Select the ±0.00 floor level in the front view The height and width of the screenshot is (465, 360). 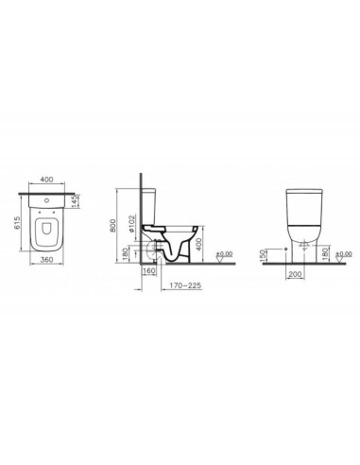click(x=344, y=253)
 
